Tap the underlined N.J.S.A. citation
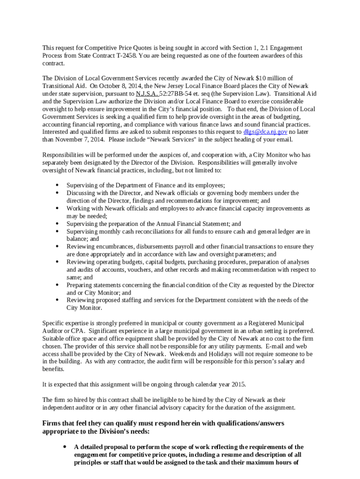pos(147,94)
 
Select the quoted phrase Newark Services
pos(171,139)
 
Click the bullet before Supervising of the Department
pos(57,185)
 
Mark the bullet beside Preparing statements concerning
pos(57,285)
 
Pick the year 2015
pos(237,385)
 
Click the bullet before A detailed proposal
pos(65,447)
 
